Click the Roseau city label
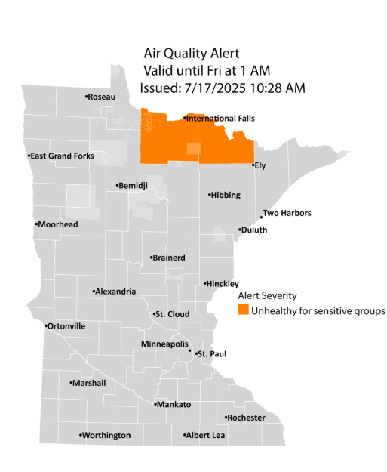click(101, 97)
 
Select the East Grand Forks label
click(62, 156)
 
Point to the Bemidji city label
click(134, 186)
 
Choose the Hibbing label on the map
click(226, 196)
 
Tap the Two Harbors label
click(286, 214)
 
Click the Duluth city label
click(254, 230)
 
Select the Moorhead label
click(57, 224)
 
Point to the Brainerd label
click(169, 258)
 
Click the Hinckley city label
click(223, 284)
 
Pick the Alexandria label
click(115, 292)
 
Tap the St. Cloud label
click(171, 313)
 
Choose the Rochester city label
click(247, 418)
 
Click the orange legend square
click(242, 310)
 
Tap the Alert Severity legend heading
click(266, 295)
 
